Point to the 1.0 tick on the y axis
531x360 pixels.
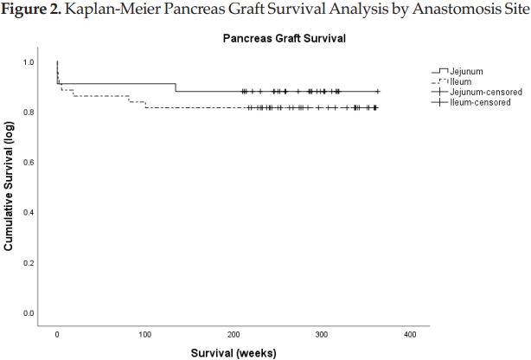29,62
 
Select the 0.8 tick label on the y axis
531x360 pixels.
29,112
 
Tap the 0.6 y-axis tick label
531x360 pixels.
29,163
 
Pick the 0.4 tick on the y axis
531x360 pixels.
29,213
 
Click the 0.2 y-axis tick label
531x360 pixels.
29,263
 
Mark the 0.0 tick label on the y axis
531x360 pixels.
29,313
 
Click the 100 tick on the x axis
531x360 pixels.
144,334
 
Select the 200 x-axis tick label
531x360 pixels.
234,334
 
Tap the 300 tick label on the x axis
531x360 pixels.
322,334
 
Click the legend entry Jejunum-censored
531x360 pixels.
482,92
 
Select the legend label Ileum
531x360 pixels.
460,81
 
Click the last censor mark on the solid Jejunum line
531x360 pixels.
378,91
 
